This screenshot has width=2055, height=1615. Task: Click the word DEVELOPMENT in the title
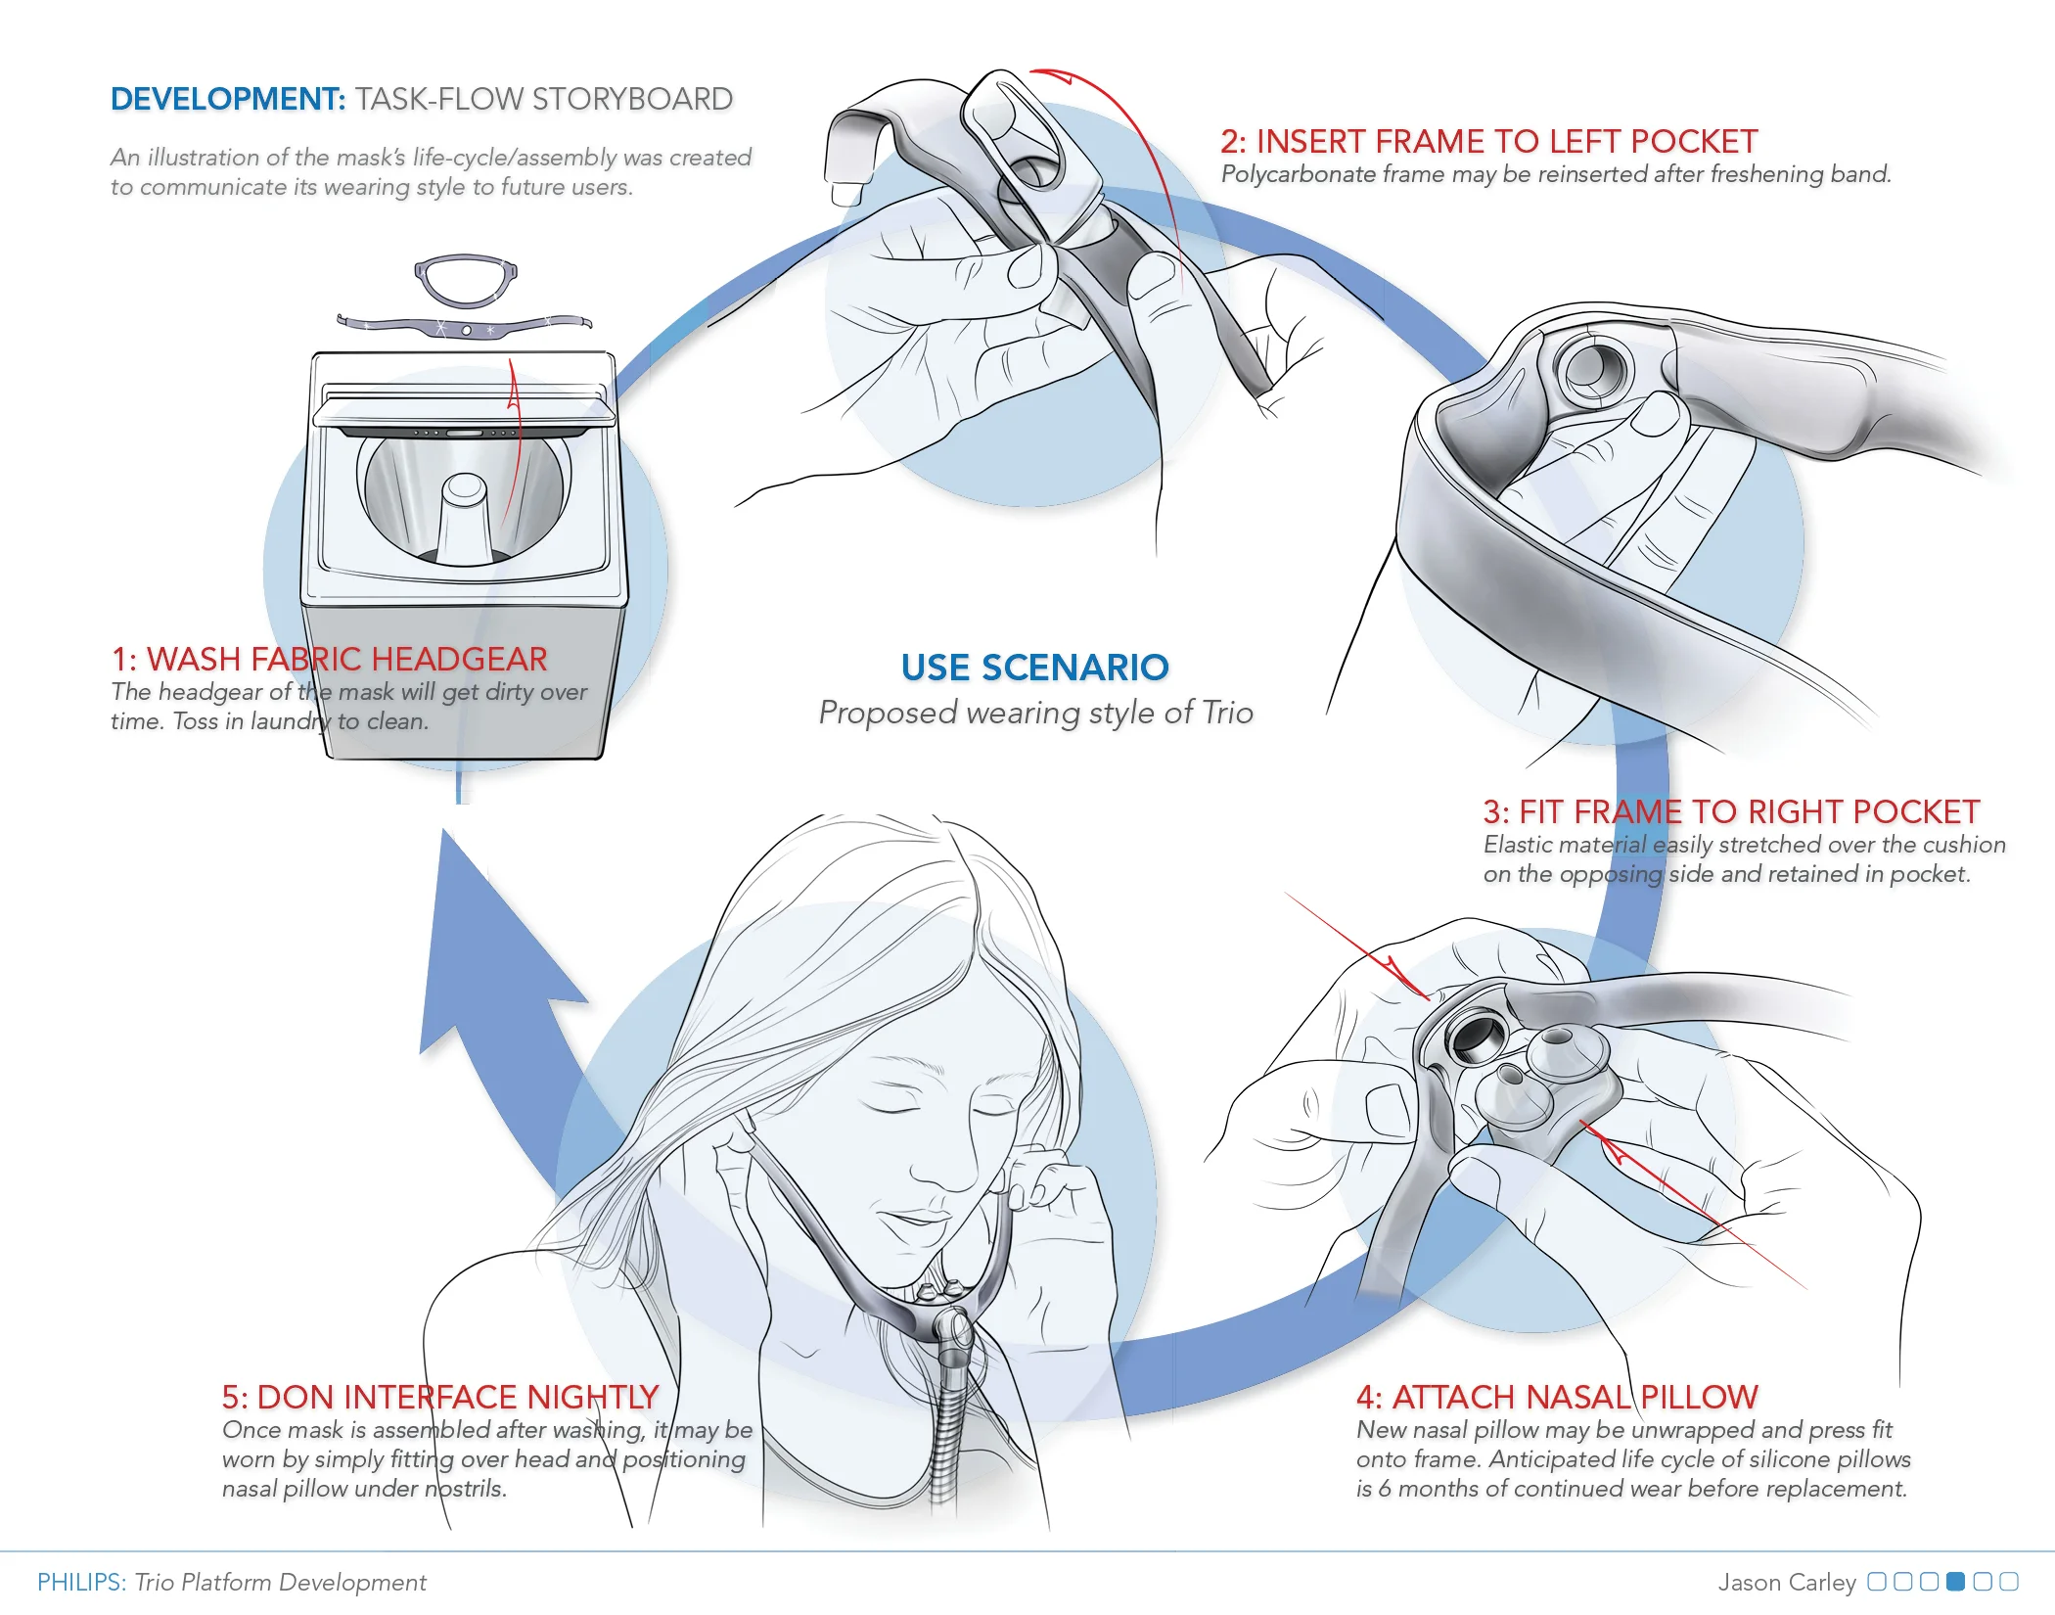pyautogui.click(x=227, y=99)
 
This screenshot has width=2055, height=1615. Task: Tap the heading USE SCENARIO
pyautogui.click(x=1034, y=668)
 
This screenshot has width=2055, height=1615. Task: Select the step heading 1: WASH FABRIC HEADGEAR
pyautogui.click(x=329, y=659)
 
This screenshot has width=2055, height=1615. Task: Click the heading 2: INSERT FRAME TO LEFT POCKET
pyautogui.click(x=1488, y=142)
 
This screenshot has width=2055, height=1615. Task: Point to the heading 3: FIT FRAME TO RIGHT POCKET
pyautogui.click(x=1730, y=811)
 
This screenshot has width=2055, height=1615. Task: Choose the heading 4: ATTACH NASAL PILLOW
pyautogui.click(x=1557, y=1397)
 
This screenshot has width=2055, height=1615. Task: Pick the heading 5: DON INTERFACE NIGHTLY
pyautogui.click(x=439, y=1397)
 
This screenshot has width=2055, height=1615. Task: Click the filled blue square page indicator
pyautogui.click(x=1955, y=1582)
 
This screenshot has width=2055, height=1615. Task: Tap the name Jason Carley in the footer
pyautogui.click(x=1786, y=1583)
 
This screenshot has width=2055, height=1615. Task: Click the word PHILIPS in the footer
pyautogui.click(x=81, y=1583)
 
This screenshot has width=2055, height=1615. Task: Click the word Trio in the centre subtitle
pyautogui.click(x=1227, y=713)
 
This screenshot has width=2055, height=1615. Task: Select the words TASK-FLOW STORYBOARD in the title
pyautogui.click(x=543, y=99)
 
